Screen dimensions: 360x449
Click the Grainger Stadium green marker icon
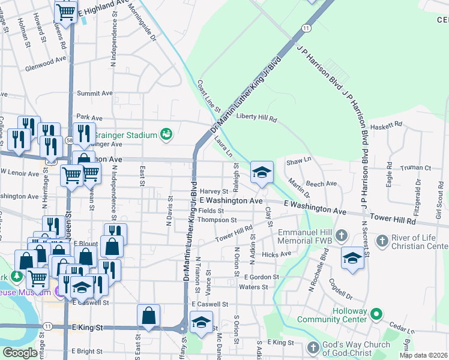click(x=166, y=135)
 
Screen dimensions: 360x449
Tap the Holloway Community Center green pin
click(x=376, y=314)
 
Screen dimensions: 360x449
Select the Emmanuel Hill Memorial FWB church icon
click(x=342, y=235)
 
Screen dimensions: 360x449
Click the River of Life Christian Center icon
click(x=382, y=241)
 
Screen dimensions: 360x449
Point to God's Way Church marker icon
click(x=313, y=348)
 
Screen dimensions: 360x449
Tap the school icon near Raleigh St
click(x=262, y=172)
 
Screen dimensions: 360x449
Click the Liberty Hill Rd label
click(x=256, y=118)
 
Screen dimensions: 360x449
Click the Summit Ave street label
click(x=95, y=94)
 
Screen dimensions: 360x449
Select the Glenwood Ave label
click(x=46, y=61)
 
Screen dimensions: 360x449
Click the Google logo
click(x=20, y=353)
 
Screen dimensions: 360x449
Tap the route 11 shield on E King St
click(x=47, y=326)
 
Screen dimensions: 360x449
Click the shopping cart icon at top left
click(x=65, y=11)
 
